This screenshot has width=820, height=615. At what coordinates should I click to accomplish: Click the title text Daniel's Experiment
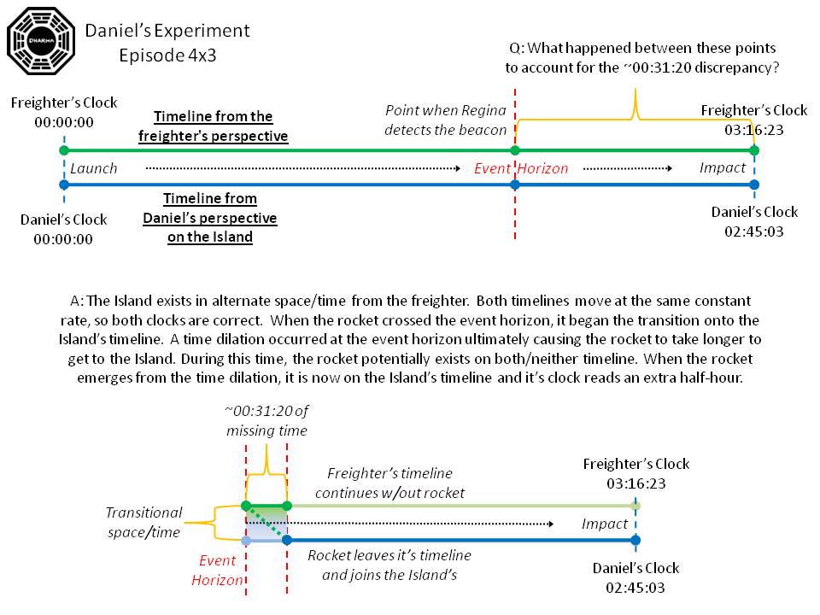pos(167,31)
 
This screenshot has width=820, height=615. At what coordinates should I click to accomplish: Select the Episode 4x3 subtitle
pos(167,55)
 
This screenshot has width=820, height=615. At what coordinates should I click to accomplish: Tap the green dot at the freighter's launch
pos(63,150)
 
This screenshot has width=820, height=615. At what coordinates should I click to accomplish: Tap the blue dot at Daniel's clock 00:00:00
pos(63,184)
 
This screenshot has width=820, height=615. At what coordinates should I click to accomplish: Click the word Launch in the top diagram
pos(94,167)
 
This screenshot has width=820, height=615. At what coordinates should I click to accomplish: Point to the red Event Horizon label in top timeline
pos(521,168)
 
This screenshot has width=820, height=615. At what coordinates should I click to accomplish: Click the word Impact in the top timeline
pos(723,167)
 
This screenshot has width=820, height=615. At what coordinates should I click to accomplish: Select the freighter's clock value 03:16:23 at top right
pos(753,129)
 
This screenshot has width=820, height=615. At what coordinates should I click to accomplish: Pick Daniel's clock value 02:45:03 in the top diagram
pos(754,231)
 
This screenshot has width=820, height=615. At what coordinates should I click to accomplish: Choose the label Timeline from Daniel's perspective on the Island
pos(210,218)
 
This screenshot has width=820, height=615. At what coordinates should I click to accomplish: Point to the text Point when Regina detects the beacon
pos(446,120)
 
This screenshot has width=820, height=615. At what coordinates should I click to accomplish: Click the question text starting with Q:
pos(646,58)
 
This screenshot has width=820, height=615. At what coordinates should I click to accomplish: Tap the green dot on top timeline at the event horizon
pos(515,150)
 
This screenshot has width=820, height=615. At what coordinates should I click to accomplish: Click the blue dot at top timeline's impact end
pos(753,184)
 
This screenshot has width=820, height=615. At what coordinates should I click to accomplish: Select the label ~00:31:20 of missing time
pos(267,423)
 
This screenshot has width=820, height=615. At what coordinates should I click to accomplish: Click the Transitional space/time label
pos(143,522)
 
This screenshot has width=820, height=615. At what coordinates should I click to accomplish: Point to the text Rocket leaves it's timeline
pos(389,555)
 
